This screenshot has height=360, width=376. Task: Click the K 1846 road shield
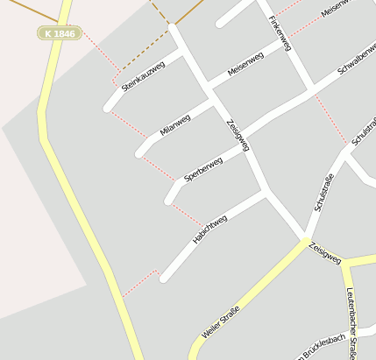pyautogui.click(x=59, y=33)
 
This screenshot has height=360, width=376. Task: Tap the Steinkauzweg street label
pyautogui.click(x=143, y=76)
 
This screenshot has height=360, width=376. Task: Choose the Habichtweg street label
pyautogui.click(x=209, y=229)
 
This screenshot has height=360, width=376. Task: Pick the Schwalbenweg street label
pyautogui.click(x=356, y=67)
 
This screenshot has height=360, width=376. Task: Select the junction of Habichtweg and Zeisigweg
pyautogui.click(x=266, y=191)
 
